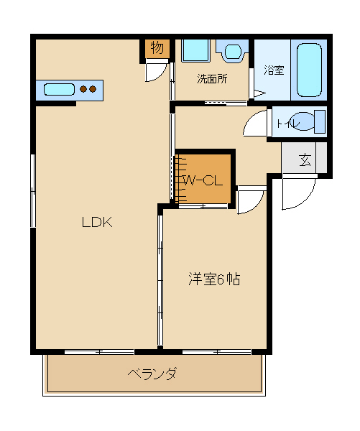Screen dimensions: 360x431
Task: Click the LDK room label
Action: point(97,222)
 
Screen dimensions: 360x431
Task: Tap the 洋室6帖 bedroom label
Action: point(214,279)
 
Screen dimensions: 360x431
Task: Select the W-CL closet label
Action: point(203,180)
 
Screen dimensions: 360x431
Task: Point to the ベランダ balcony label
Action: point(152,374)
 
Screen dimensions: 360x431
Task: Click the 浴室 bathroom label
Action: point(274,70)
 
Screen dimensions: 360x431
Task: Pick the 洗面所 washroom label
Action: point(212,79)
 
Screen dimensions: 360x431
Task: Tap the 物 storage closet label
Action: point(157,48)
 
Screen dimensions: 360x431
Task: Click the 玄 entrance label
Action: point(305,159)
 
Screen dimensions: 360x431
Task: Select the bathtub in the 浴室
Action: point(310,70)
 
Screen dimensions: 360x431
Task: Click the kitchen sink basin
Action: point(59,89)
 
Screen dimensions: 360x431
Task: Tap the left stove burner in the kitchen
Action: point(83,89)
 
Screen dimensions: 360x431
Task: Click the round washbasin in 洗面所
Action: point(233,51)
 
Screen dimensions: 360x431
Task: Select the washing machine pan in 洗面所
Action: point(195,50)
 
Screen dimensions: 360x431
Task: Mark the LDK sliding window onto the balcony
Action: point(99,351)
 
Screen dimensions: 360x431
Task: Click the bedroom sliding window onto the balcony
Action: point(217,351)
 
